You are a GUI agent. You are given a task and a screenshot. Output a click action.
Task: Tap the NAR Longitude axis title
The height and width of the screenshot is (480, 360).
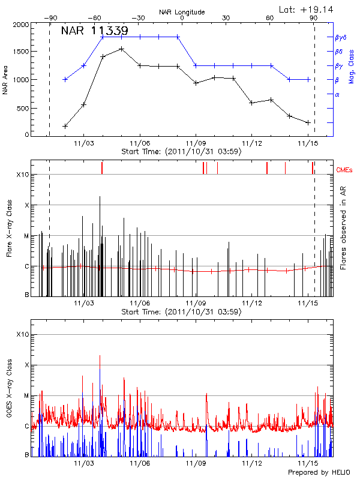182,11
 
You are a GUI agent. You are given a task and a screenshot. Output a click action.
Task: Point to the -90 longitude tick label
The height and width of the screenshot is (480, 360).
49,18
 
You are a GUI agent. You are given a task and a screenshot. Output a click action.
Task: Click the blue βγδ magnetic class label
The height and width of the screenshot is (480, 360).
340,37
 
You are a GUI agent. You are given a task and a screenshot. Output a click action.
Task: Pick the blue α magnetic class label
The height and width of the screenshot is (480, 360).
337,94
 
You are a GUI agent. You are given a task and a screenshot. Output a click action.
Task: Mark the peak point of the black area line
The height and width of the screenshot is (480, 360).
121,49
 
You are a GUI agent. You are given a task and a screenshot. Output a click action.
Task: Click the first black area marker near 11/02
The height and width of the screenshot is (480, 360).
65,126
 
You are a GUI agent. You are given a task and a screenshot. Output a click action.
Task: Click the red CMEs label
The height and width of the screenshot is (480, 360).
345,170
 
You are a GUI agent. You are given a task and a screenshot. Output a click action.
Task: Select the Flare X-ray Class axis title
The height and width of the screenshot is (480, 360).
9,228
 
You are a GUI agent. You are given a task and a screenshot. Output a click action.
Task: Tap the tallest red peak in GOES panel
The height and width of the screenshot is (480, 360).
100,356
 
